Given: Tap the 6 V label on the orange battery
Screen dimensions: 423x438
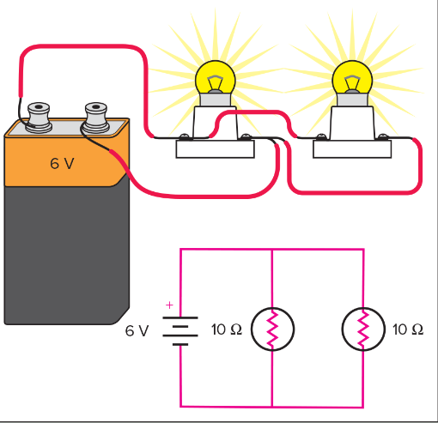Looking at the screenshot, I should (61, 163).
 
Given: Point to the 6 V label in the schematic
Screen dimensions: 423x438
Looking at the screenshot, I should (137, 330).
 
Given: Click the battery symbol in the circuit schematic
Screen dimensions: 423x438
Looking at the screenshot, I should (180, 329).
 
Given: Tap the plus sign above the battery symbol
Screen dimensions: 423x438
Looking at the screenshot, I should (169, 305).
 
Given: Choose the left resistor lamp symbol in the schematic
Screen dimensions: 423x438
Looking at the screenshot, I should (272, 329).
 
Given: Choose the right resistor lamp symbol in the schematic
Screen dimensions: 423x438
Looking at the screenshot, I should (363, 329).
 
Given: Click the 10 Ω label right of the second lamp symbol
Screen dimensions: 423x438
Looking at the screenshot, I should (408, 330).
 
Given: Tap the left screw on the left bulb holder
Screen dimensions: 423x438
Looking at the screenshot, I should (184, 136).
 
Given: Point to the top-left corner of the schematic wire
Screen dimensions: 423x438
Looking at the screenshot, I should (180, 250).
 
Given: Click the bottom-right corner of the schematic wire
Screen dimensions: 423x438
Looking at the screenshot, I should (363, 406).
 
